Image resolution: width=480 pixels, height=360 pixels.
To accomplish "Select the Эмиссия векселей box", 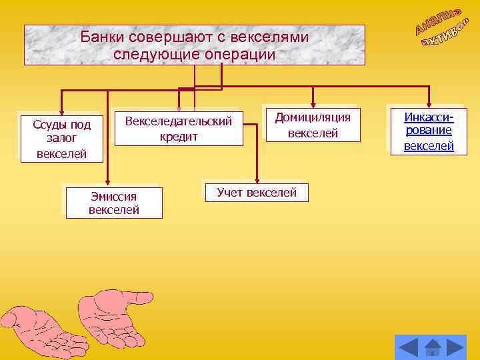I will pos(114,203).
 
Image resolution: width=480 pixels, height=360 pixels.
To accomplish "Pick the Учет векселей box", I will pos(257,193).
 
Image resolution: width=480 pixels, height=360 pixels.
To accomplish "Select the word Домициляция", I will pos(313,117).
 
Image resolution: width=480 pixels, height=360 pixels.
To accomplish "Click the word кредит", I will pos(179,137).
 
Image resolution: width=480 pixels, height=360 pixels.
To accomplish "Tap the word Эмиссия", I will pos(114,196).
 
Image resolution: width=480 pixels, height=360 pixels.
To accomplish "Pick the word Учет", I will pos(231,193).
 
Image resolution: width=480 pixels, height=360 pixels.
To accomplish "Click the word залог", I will pos(62,139).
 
